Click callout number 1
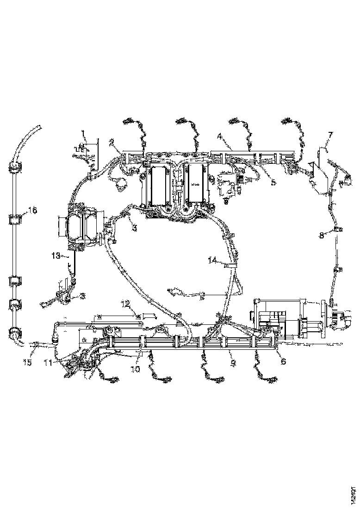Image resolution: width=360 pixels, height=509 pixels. coord(84,135)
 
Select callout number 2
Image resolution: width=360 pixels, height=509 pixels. coord(112,143)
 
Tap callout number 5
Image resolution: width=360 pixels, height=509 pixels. coord(273,182)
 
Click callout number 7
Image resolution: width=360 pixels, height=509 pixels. coord(329,135)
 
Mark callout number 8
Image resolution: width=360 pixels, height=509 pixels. coord(322,235)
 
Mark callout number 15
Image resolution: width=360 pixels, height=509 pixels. coord(27,363)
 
